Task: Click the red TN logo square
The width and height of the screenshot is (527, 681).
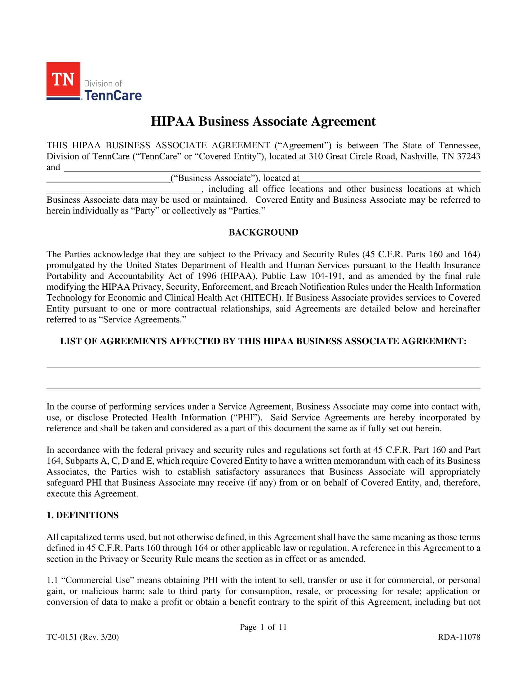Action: pyautogui.click(x=63, y=80)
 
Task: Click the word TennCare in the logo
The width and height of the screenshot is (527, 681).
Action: pyautogui.click(x=113, y=95)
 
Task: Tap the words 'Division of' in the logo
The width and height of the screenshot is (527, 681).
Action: pyautogui.click(x=103, y=83)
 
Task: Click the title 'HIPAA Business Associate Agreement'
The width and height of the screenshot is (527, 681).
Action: pyautogui.click(x=263, y=121)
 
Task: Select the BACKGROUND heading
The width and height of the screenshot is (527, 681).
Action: pyautogui.click(x=263, y=232)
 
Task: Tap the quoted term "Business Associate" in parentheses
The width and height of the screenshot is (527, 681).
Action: pyautogui.click(x=215, y=178)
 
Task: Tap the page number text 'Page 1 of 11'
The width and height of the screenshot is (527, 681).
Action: pyautogui.click(x=263, y=627)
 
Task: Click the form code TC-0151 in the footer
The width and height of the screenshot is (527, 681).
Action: pyautogui.click(x=61, y=637)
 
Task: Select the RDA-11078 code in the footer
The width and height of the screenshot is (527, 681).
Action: pyautogui.click(x=458, y=637)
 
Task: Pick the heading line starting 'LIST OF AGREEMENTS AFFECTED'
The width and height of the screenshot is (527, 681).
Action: pyautogui.click(x=263, y=341)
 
